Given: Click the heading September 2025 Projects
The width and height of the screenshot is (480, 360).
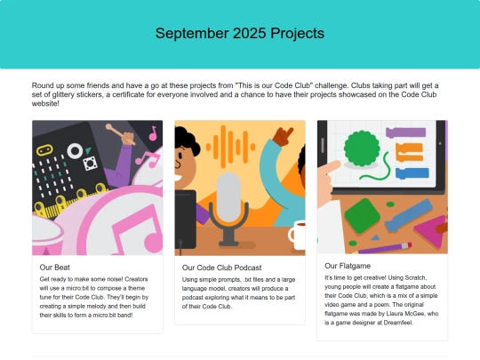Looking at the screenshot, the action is tap(240, 33).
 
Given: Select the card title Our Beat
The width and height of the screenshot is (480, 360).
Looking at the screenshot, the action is tap(55, 268).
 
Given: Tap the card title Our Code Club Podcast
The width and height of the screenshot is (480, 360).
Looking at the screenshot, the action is tap(221, 268).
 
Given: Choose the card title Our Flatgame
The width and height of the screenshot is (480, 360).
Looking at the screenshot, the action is tap(348, 266).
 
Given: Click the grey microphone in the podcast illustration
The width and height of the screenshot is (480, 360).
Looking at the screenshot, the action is tap(228, 208).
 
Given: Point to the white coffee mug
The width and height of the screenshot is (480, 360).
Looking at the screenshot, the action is tap(296, 235).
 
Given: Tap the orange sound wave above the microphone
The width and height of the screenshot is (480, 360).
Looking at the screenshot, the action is tap(231, 147).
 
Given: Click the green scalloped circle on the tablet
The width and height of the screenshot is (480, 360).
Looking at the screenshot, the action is tap(362, 148).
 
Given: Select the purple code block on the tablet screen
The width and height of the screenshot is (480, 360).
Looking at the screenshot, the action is tap(405, 132).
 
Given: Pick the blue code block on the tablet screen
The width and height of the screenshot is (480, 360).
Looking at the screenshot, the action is tap(412, 173).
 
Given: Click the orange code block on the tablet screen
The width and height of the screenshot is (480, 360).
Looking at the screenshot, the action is tap(409, 152).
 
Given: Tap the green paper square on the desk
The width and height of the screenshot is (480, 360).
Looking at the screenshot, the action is tap(362, 215).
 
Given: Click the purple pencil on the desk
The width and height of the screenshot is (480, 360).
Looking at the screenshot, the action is tap(384, 248).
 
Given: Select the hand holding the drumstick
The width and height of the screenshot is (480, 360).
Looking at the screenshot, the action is tap(129, 138).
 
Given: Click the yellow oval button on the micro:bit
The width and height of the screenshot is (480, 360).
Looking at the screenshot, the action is tap(44, 150).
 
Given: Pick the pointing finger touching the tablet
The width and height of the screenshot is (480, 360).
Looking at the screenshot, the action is tap(332, 167).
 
